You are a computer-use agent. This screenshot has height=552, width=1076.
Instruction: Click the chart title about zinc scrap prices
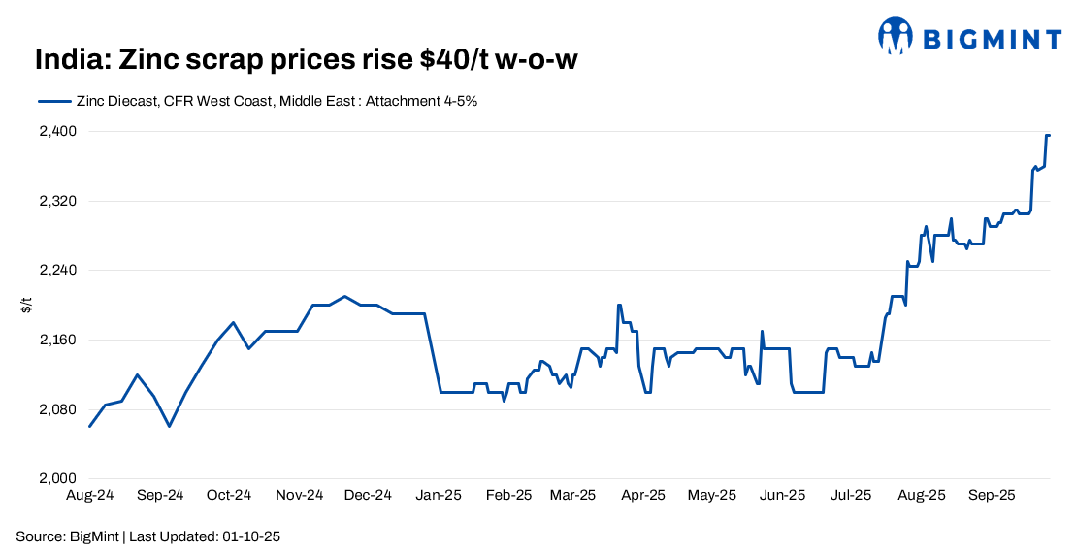[307, 60]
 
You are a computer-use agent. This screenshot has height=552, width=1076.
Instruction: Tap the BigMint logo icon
[896, 36]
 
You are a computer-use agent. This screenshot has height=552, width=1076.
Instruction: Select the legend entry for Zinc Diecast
[257, 101]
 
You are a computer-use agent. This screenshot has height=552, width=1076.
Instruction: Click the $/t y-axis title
[27, 306]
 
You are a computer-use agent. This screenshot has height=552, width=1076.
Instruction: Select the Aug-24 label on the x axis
[90, 495]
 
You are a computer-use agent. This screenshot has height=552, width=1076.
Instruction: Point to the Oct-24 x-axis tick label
[230, 495]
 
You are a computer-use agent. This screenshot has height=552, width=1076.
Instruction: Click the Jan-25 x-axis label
[439, 495]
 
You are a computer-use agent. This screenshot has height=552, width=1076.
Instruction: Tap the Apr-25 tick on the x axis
[642, 495]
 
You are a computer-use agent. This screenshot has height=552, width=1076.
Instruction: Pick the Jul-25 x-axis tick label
[851, 495]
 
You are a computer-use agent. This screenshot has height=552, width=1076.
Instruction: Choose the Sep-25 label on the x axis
[992, 495]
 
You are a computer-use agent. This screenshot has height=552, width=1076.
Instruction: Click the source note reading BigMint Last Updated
[148, 536]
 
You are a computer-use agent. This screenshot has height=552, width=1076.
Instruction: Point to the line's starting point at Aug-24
[90, 426]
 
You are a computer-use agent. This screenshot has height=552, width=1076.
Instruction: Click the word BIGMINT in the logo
[991, 39]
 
